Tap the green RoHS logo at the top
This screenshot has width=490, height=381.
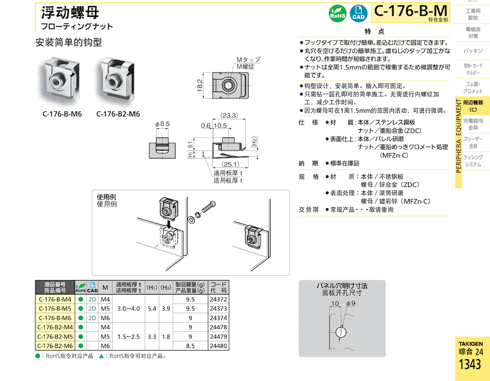pyautogui.click(x=336, y=13)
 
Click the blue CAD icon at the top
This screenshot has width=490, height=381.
pyautogui.click(x=357, y=13)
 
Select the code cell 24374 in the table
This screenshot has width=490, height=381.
pyautogui.click(x=218, y=318)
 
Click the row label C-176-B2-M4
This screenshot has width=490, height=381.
pyautogui.click(x=55, y=327)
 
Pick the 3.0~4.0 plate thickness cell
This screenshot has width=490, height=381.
pyautogui.click(x=128, y=308)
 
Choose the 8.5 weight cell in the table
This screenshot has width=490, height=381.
pyautogui.click(x=190, y=346)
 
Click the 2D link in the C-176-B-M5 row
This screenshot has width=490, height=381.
pyautogui.click(x=92, y=308)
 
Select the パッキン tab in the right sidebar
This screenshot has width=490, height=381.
pyautogui.click(x=472, y=51)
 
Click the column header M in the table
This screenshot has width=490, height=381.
pyautogui.click(x=105, y=287)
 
